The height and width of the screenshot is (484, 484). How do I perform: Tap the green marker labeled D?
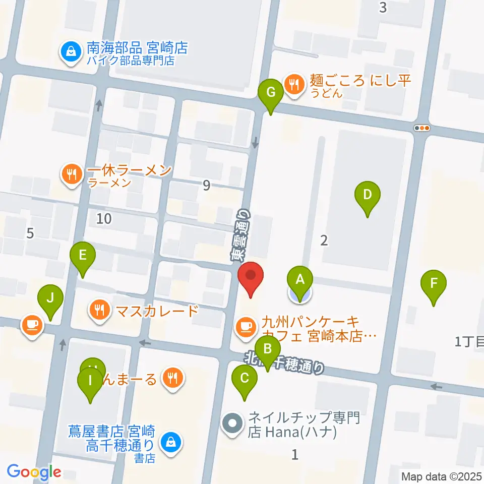coord(368,195)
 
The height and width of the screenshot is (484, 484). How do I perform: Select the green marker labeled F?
coord(434,284)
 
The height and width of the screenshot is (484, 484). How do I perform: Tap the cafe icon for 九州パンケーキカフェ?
coord(246,326)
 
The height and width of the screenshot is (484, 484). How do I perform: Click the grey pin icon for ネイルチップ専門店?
coord(233,422)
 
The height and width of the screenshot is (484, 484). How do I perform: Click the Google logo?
coord(34,472)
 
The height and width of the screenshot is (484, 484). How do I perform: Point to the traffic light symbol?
coord(421,128)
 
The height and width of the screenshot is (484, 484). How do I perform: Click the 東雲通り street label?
coord(241,235)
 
